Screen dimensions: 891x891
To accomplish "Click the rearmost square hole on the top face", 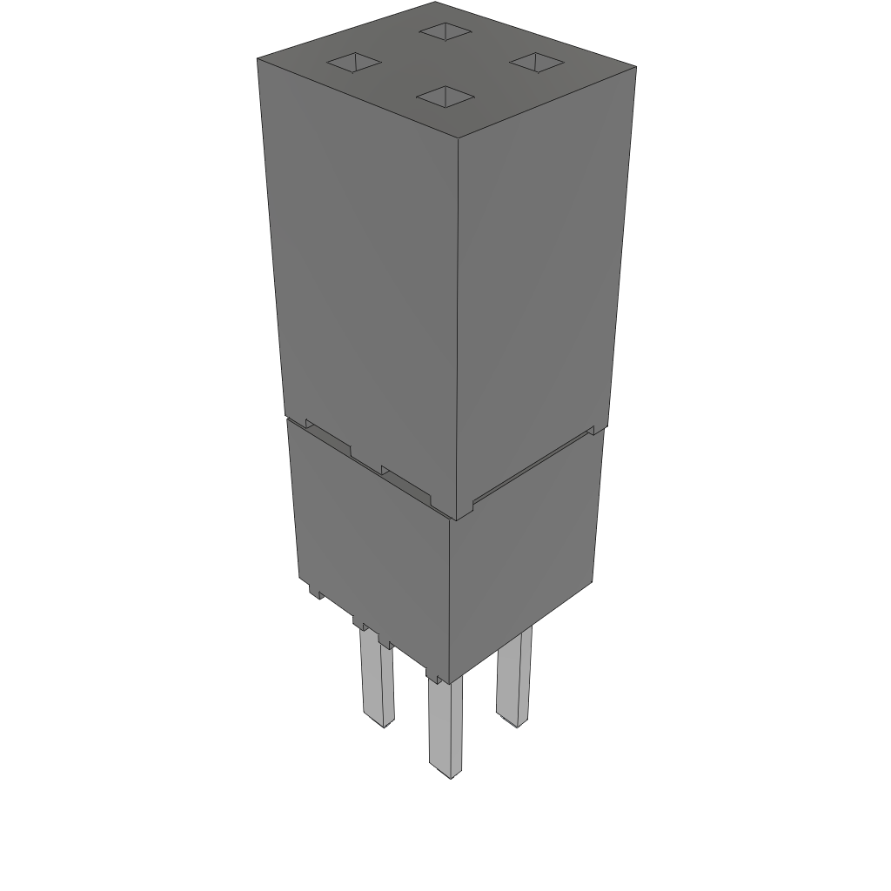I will [445, 32].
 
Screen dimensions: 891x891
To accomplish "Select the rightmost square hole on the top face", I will [537, 61].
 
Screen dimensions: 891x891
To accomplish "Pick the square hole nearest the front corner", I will [445, 97].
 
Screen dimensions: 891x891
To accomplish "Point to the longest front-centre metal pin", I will [445, 727].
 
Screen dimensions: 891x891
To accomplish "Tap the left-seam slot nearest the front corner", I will [406, 485].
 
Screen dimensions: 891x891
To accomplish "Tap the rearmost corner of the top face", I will [434, 3].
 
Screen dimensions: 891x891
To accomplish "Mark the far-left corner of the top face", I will [258, 59].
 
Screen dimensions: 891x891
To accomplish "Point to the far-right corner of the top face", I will [636, 67].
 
